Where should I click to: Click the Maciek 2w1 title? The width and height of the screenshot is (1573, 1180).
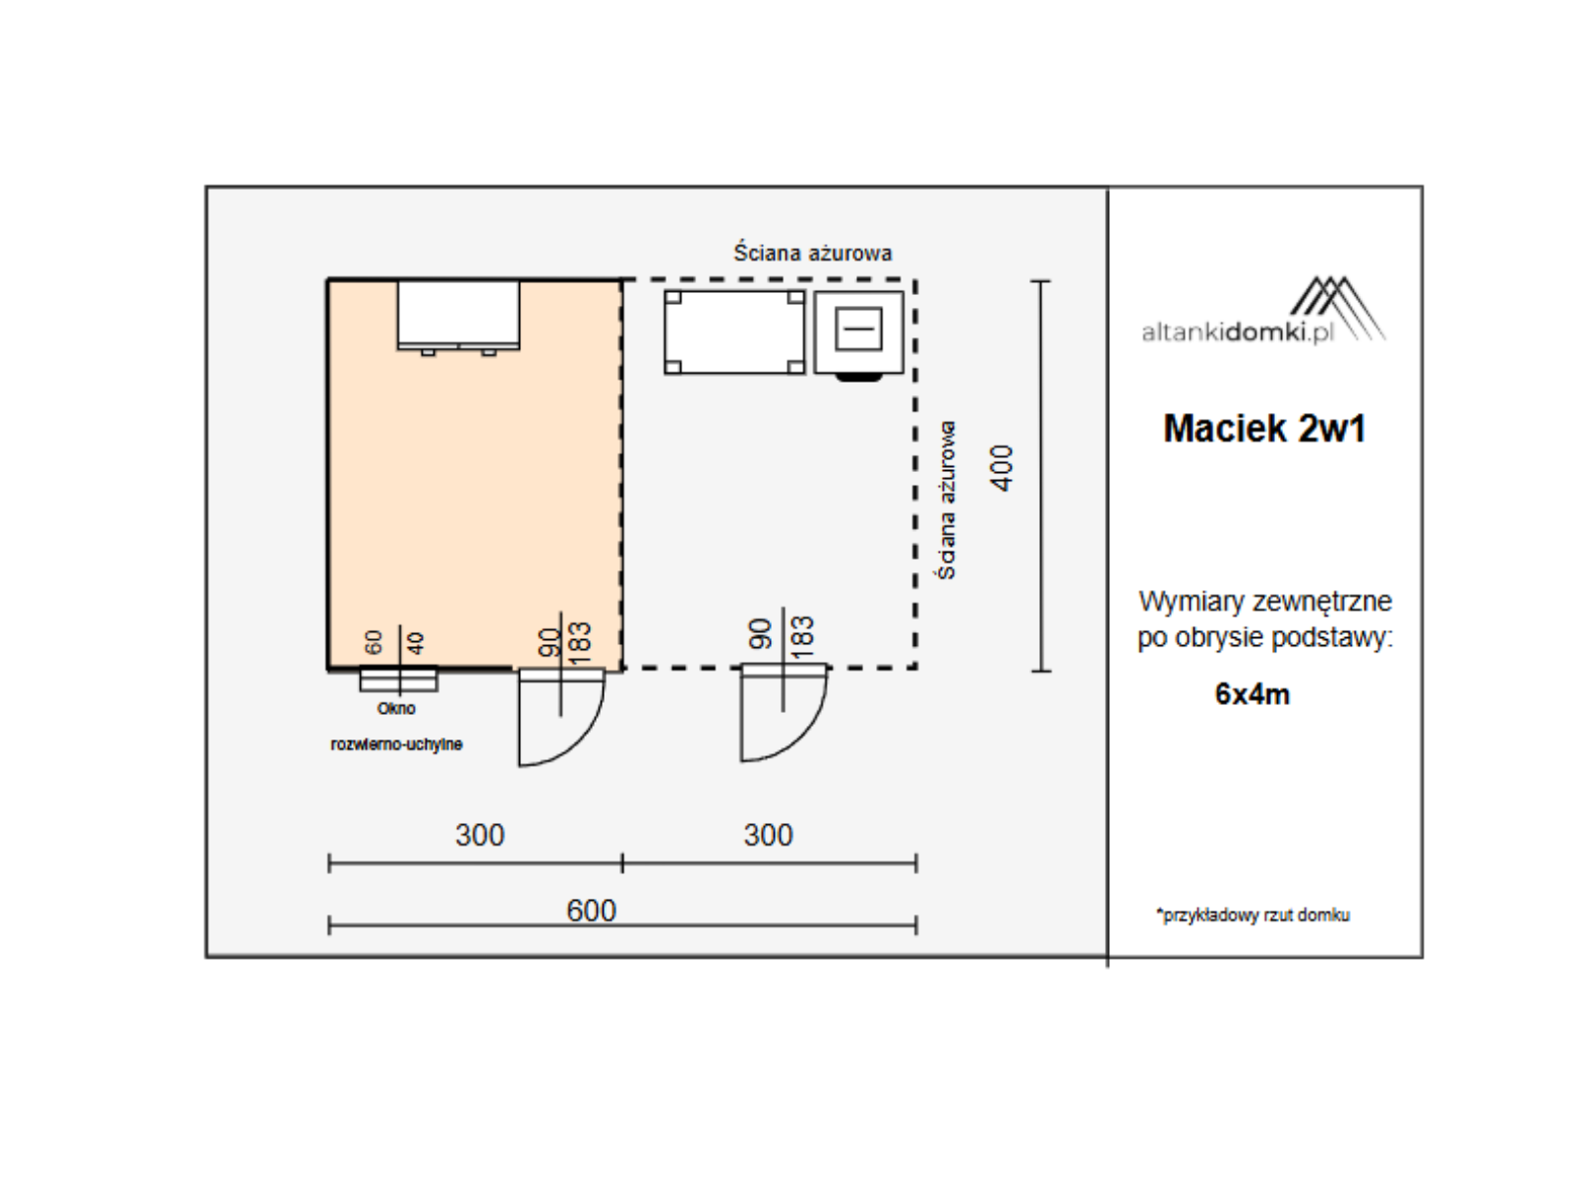tap(1264, 429)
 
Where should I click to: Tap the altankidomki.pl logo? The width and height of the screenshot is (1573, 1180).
tap(1263, 310)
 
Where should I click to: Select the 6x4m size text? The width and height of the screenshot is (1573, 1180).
tap(1252, 694)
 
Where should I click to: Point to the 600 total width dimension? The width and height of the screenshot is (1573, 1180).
tap(591, 911)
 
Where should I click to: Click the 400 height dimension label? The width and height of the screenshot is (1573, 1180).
tap(1002, 468)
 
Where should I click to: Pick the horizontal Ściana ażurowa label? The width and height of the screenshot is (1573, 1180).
tap(813, 252)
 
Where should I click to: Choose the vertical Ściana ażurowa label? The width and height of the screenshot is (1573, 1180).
tap(947, 501)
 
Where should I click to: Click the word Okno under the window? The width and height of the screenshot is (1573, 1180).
tap(396, 709)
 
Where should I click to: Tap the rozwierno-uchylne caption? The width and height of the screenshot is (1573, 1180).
tap(396, 744)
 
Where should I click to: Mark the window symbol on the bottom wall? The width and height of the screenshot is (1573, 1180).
tap(398, 679)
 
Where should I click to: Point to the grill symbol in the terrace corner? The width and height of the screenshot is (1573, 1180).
tap(859, 334)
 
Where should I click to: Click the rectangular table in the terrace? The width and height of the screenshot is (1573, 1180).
tap(734, 332)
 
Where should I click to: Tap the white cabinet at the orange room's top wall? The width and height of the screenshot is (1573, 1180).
tap(459, 316)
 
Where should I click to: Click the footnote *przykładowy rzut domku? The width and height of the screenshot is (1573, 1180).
tap(1253, 914)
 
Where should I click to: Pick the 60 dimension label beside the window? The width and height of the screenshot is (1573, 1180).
tap(374, 641)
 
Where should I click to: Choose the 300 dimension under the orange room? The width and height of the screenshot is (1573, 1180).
tap(480, 836)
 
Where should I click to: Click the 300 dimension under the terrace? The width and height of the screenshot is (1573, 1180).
tap(768, 836)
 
